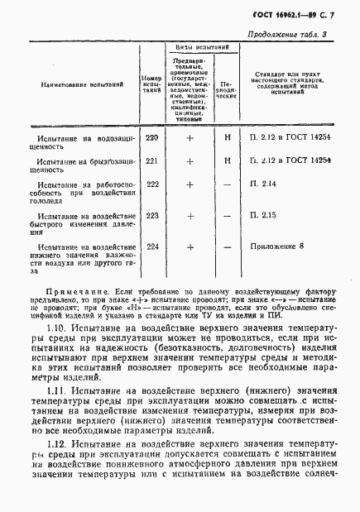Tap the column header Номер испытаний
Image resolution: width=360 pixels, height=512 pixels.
pos(152,83)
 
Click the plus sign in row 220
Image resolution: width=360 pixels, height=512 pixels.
pos(190,138)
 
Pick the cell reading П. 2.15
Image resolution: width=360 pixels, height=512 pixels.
pos(264,216)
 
